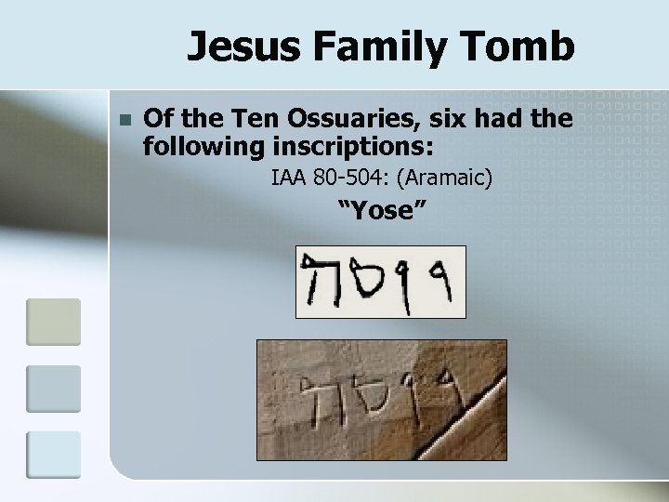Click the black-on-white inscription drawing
point(380,282)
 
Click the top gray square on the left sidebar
point(53,322)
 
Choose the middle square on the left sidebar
point(53,388)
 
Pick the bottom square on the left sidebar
point(53,454)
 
